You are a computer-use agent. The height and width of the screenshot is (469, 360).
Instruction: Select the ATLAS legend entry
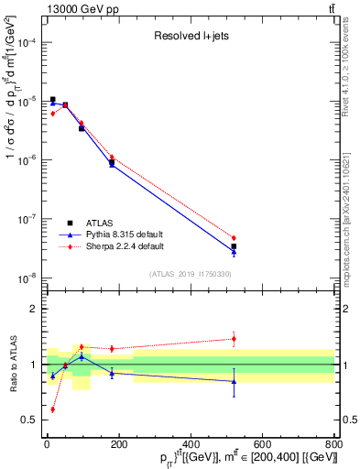point(102,223)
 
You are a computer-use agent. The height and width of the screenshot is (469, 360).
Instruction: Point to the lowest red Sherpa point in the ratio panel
point(52,409)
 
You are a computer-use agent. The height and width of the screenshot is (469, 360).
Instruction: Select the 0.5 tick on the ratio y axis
point(42,420)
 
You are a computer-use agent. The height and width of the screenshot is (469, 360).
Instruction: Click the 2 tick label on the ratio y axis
point(32,309)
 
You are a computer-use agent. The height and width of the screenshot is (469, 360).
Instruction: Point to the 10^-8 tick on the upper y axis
point(42,278)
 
